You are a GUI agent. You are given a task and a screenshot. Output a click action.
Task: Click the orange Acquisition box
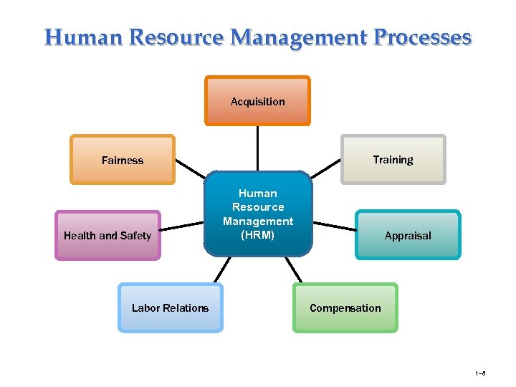[x=257, y=101]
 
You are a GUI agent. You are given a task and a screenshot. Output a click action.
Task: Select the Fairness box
[x=123, y=160]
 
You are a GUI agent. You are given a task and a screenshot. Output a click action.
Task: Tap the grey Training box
[x=393, y=159]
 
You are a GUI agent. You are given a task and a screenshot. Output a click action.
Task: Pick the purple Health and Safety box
[x=107, y=235]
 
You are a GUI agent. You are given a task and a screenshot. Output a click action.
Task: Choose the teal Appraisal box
[x=408, y=235]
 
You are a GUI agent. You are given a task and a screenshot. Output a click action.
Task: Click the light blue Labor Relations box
[x=171, y=307]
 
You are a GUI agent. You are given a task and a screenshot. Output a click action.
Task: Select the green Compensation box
[x=345, y=307]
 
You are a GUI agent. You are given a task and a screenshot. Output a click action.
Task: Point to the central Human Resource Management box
[x=258, y=213]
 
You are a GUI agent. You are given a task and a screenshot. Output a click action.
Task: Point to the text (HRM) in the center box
[x=258, y=235]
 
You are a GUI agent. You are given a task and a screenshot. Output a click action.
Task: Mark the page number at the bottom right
[x=480, y=373]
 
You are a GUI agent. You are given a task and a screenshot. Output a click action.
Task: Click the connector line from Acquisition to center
[x=258, y=148]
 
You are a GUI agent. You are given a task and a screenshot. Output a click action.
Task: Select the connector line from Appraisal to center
[x=335, y=224]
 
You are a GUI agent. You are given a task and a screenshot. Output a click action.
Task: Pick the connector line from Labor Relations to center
[x=221, y=269]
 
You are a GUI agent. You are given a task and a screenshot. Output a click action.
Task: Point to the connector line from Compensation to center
[x=294, y=269]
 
